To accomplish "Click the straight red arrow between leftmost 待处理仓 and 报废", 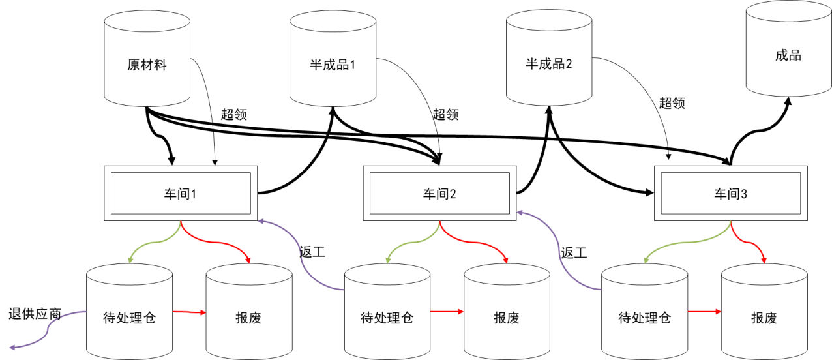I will pos(189,313).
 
